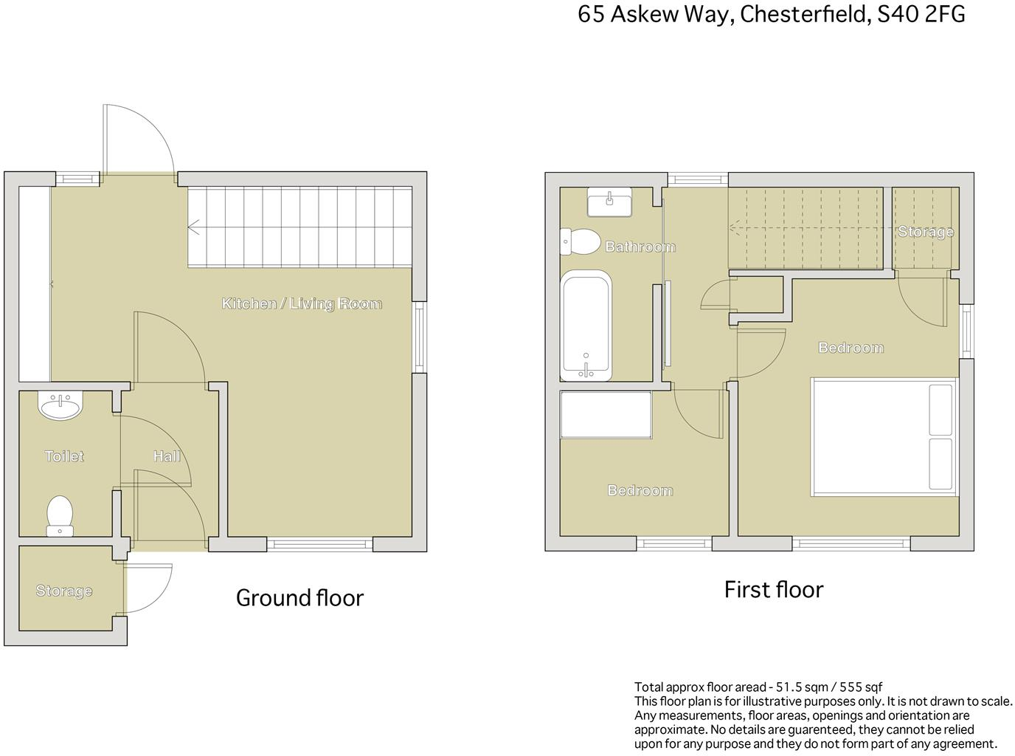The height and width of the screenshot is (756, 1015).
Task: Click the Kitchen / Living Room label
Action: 302,303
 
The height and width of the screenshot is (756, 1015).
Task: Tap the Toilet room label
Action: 64,456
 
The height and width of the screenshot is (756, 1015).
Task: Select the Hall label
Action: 167,456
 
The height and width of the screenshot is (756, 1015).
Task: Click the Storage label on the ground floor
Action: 64,591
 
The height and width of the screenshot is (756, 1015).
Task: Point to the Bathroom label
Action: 640,247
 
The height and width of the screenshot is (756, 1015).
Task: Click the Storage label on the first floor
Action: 925,232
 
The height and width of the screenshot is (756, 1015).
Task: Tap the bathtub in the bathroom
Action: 586,325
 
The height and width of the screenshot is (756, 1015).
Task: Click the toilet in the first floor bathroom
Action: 581,241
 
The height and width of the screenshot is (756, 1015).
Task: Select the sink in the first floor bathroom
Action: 609,202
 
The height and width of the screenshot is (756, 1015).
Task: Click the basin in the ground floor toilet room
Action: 60,405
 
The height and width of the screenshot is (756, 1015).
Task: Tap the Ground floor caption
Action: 299,597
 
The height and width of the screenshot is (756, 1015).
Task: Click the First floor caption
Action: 773,590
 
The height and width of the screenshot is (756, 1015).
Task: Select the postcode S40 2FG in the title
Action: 921,15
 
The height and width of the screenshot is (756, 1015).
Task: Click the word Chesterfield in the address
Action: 802,15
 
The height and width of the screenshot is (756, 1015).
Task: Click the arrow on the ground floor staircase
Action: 195,228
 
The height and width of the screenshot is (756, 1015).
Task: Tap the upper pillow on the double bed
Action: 940,409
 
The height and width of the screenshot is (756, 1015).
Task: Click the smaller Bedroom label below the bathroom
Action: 640,490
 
